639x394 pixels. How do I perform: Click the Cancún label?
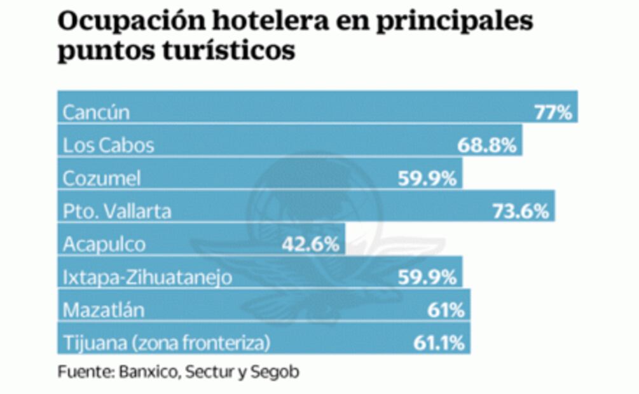click(96, 112)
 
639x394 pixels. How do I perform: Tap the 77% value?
click(553, 112)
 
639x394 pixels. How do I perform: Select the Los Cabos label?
click(108, 146)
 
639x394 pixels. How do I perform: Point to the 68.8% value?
click(486, 146)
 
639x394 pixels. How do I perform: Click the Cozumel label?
click(102, 179)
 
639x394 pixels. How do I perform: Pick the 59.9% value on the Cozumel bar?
click(427, 179)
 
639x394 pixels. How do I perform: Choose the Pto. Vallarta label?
click(117, 212)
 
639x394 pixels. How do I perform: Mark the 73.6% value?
click(520, 212)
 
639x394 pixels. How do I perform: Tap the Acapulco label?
click(104, 244)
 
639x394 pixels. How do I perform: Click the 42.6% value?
click(310, 244)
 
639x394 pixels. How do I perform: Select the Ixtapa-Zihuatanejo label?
click(148, 277)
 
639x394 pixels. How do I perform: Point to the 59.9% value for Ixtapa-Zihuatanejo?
click(427, 277)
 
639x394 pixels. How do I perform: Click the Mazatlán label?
click(104, 310)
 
